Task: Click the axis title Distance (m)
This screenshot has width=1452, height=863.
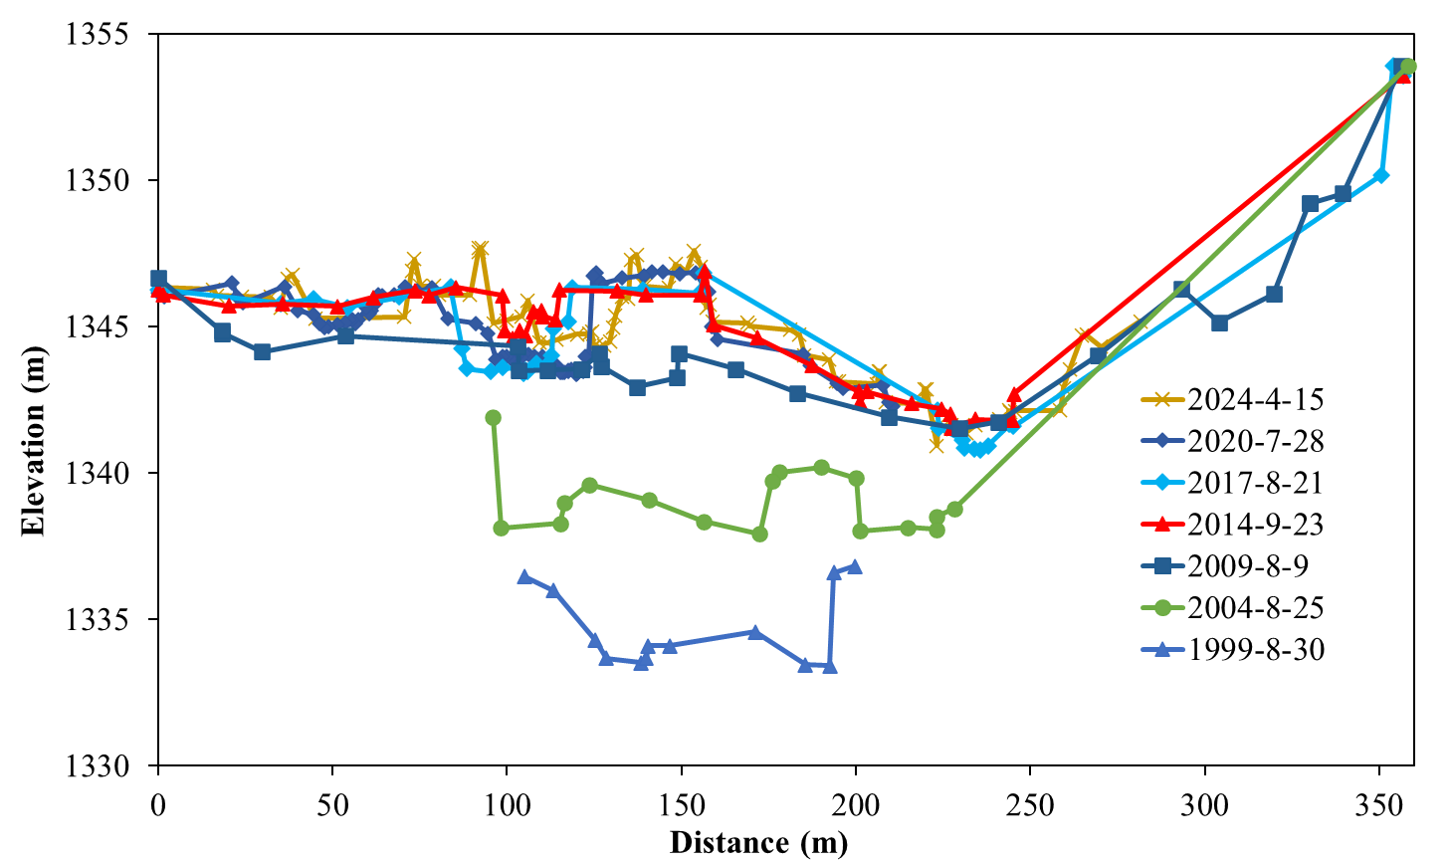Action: [x=758, y=843]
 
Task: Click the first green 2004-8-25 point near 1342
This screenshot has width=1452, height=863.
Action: [x=493, y=418]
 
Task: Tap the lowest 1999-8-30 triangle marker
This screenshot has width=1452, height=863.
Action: [x=829, y=666]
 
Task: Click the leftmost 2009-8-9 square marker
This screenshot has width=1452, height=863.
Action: [x=158, y=279]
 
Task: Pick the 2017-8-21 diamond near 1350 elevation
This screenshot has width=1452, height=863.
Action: [x=1380, y=175]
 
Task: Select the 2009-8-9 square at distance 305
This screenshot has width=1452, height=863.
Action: [x=1219, y=323]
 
